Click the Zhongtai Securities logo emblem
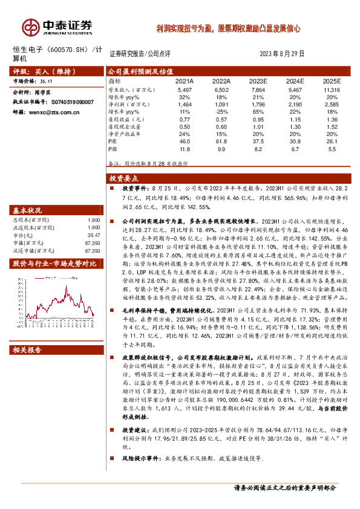pos(30,27)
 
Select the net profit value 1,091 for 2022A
pos(221,105)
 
